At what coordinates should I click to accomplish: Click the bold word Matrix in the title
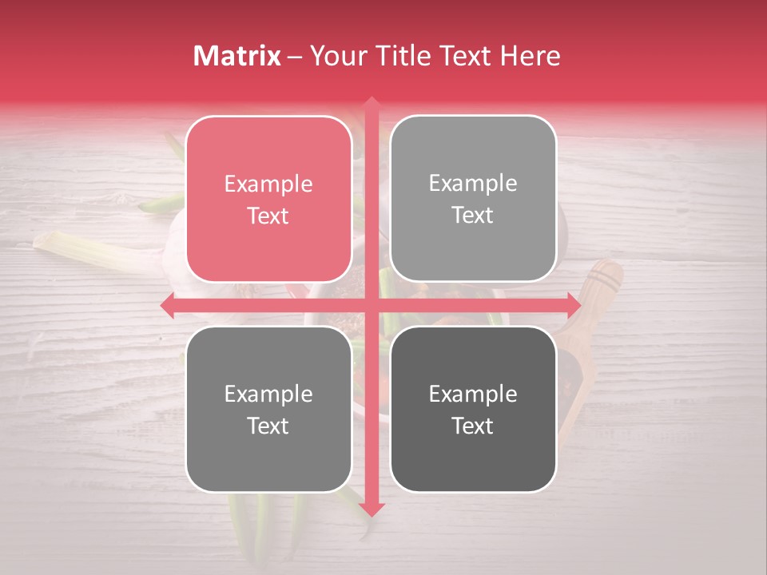coord(236,56)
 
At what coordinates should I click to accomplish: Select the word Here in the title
coord(531,56)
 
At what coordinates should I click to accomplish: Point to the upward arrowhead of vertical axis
coord(371,104)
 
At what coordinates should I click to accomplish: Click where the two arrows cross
coord(371,305)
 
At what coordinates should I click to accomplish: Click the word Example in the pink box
coord(268,184)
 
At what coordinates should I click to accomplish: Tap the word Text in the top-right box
coord(473,215)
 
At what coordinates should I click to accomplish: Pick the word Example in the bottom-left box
coord(268,394)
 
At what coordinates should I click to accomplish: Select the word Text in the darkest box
coord(473,426)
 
